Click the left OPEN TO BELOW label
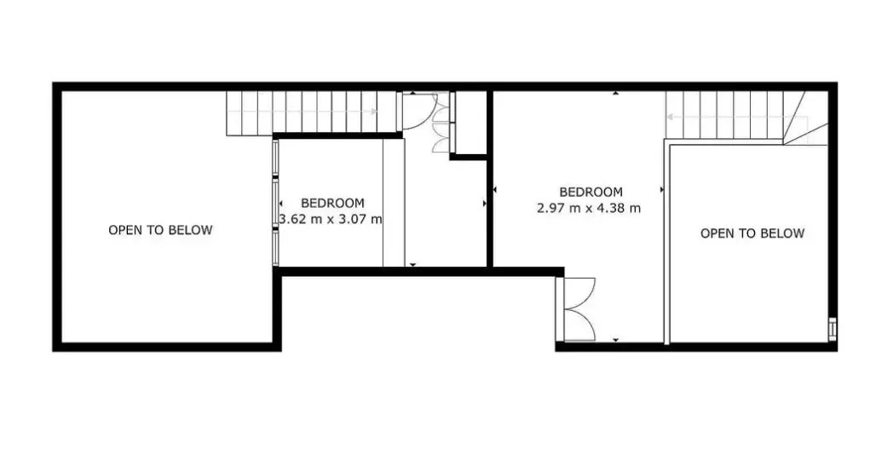pos(160,230)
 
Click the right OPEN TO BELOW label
pos(752,233)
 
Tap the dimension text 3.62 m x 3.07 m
pos(331,219)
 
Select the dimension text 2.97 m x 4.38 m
pos(589,208)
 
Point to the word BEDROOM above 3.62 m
pos(332,203)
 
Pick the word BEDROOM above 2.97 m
pos(591,192)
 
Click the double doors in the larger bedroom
pos(579,309)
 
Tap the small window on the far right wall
pos(833,328)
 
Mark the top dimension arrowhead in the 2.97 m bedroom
pos(615,93)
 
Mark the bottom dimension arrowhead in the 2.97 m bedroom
pos(615,340)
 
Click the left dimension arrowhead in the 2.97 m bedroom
pos(494,190)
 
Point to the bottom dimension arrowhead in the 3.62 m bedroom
pos(412,265)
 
